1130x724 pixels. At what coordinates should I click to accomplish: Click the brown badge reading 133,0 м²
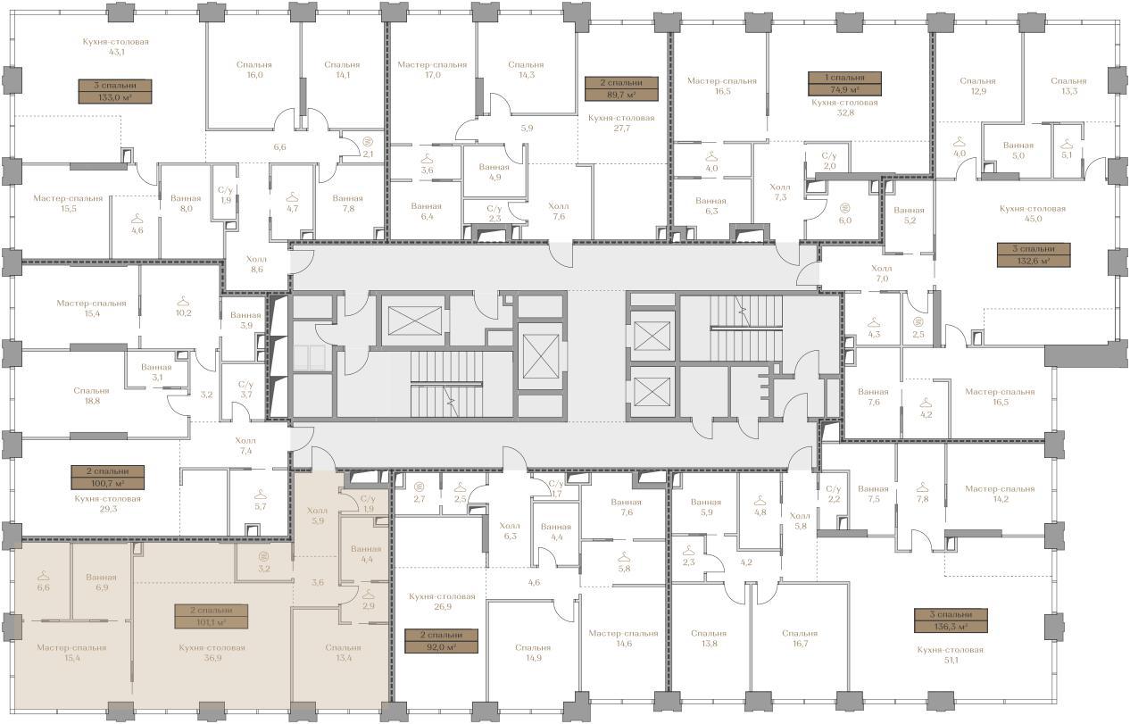[x=115, y=91]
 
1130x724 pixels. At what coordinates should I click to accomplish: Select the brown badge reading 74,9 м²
[x=844, y=84]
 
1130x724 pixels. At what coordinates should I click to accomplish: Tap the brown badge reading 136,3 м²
[x=951, y=620]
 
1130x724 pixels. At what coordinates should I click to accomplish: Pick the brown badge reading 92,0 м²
[x=441, y=641]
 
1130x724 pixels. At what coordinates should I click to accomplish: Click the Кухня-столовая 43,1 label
[x=116, y=46]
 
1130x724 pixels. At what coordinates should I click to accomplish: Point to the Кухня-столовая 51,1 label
[x=951, y=654]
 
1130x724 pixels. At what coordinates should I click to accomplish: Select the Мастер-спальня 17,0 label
[x=432, y=70]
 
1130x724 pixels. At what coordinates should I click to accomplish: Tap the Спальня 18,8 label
[x=91, y=395]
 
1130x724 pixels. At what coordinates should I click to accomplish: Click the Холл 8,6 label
[x=256, y=264]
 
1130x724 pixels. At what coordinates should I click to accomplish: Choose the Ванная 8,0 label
[x=186, y=203]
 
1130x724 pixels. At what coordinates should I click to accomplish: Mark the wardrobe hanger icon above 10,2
[x=184, y=301]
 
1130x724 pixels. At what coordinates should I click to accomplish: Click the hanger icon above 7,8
[x=922, y=487]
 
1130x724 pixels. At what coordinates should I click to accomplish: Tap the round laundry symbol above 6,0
[x=845, y=207]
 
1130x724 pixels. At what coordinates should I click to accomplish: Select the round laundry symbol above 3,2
[x=263, y=556]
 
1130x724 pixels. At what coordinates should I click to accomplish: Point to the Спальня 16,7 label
[x=800, y=637]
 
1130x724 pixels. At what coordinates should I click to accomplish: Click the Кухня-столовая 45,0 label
[x=1033, y=213]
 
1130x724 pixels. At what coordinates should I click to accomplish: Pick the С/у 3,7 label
[x=245, y=389]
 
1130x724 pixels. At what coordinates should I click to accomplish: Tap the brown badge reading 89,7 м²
[x=621, y=88]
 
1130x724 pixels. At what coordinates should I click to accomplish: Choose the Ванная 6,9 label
[x=102, y=582]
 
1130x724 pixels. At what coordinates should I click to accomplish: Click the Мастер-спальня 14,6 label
[x=624, y=637]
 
